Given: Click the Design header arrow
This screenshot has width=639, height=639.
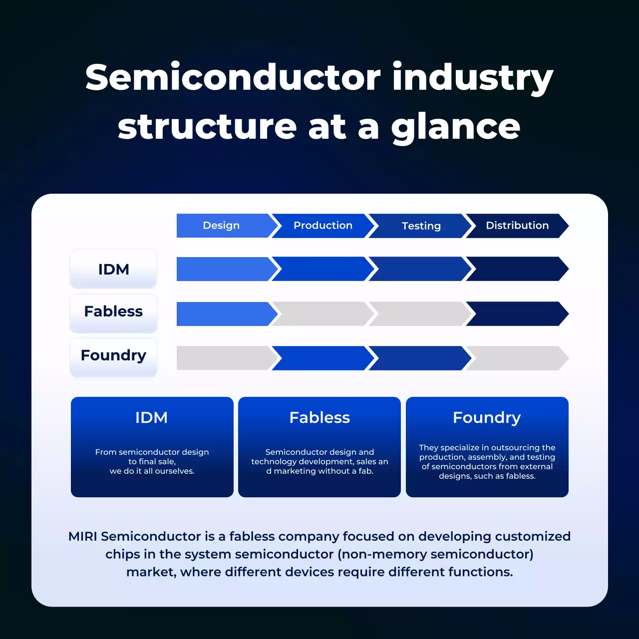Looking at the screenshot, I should (x=222, y=226).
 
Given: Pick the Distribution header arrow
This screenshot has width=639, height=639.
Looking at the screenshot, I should (x=517, y=226).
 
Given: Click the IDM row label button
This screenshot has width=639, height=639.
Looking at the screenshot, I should (x=113, y=269).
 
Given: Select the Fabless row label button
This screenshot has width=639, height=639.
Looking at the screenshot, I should (x=113, y=312).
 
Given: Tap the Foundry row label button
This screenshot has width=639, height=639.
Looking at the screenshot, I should (x=113, y=355).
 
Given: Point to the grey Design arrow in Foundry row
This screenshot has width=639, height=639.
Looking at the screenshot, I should (x=223, y=358).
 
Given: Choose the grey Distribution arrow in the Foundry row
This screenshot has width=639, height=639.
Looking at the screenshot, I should (x=517, y=358).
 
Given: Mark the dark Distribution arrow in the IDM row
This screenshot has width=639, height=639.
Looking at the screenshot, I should (x=517, y=269).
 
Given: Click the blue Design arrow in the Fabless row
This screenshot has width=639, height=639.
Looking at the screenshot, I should (x=223, y=314).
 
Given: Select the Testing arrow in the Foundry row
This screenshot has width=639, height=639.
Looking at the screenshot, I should (x=419, y=358).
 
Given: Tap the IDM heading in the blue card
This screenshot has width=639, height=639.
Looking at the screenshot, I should (x=152, y=417).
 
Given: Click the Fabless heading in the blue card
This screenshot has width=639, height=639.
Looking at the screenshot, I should (x=319, y=417).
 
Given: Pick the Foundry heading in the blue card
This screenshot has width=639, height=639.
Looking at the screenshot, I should (x=487, y=417).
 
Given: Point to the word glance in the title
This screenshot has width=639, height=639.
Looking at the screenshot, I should (x=456, y=127).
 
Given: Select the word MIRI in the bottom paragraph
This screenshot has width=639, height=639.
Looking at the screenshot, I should (x=83, y=537).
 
